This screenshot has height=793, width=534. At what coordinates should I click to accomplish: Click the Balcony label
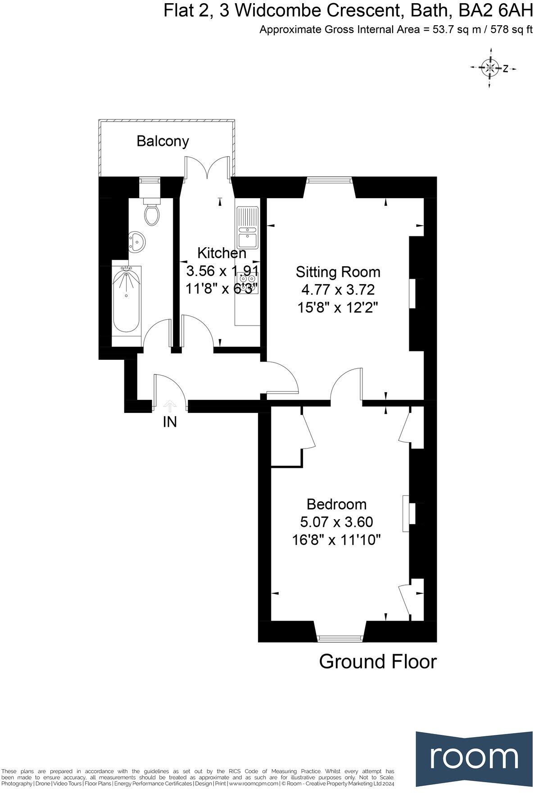pos(163,141)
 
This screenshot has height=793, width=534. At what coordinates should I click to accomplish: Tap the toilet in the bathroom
pos(152,214)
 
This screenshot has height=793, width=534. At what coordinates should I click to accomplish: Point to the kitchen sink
pos(247,227)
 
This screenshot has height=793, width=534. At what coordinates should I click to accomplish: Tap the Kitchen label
pos(222,253)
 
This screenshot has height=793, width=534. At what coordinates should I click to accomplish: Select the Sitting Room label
pos(338,272)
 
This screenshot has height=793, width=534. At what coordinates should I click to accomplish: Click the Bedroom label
pos(336,504)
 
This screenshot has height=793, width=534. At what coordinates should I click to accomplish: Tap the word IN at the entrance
pos(170,422)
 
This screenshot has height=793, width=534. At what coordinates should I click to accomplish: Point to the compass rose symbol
pos(489,68)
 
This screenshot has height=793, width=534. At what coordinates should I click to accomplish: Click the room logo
pos(474,757)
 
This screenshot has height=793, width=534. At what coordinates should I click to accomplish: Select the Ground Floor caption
pos(378,662)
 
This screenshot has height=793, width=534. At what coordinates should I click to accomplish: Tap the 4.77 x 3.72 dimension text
pos(336,290)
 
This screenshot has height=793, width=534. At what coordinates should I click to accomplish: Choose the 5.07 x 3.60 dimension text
pos(336,522)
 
